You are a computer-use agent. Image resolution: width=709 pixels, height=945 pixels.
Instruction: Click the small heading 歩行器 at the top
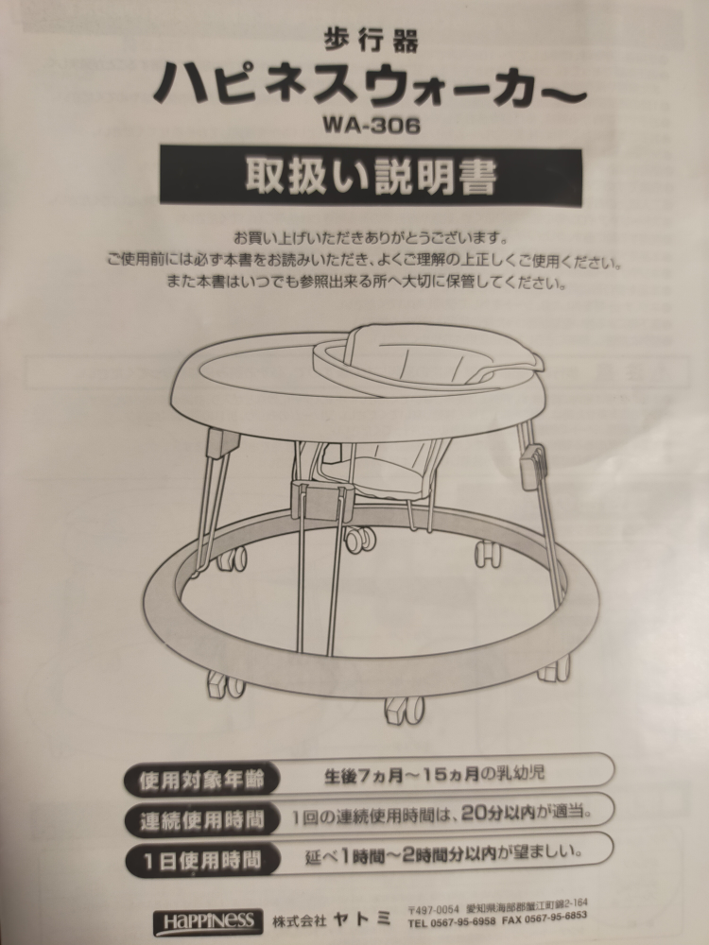pos(371,41)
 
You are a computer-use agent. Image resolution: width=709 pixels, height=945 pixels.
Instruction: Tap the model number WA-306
pos(371,125)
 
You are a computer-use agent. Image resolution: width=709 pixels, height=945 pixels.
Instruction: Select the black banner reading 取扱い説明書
pos(371,176)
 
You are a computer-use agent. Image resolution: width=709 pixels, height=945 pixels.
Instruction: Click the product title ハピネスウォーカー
pos(370,84)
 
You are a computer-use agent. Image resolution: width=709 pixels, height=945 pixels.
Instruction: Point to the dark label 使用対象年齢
pos(202,780)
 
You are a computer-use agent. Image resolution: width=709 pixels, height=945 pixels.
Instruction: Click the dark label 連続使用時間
pos(202,820)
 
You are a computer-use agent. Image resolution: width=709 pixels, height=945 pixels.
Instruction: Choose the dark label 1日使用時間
pos(202,860)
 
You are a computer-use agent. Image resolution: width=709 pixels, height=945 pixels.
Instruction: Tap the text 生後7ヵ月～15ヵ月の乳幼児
pos(434,775)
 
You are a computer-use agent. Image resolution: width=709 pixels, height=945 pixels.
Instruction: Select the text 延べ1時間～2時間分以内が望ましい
pos(443,854)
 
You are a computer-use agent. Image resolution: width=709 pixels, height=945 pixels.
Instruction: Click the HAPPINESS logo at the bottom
pos(208,921)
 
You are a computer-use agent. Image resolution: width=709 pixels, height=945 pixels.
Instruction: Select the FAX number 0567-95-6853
pos(556,917)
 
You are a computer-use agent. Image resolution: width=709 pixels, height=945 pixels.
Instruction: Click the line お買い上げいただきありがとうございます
pos(371,238)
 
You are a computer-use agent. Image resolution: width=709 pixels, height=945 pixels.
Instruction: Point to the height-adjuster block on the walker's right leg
pos(531,466)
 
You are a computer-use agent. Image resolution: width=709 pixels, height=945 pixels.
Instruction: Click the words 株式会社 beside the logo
pos(299,920)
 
